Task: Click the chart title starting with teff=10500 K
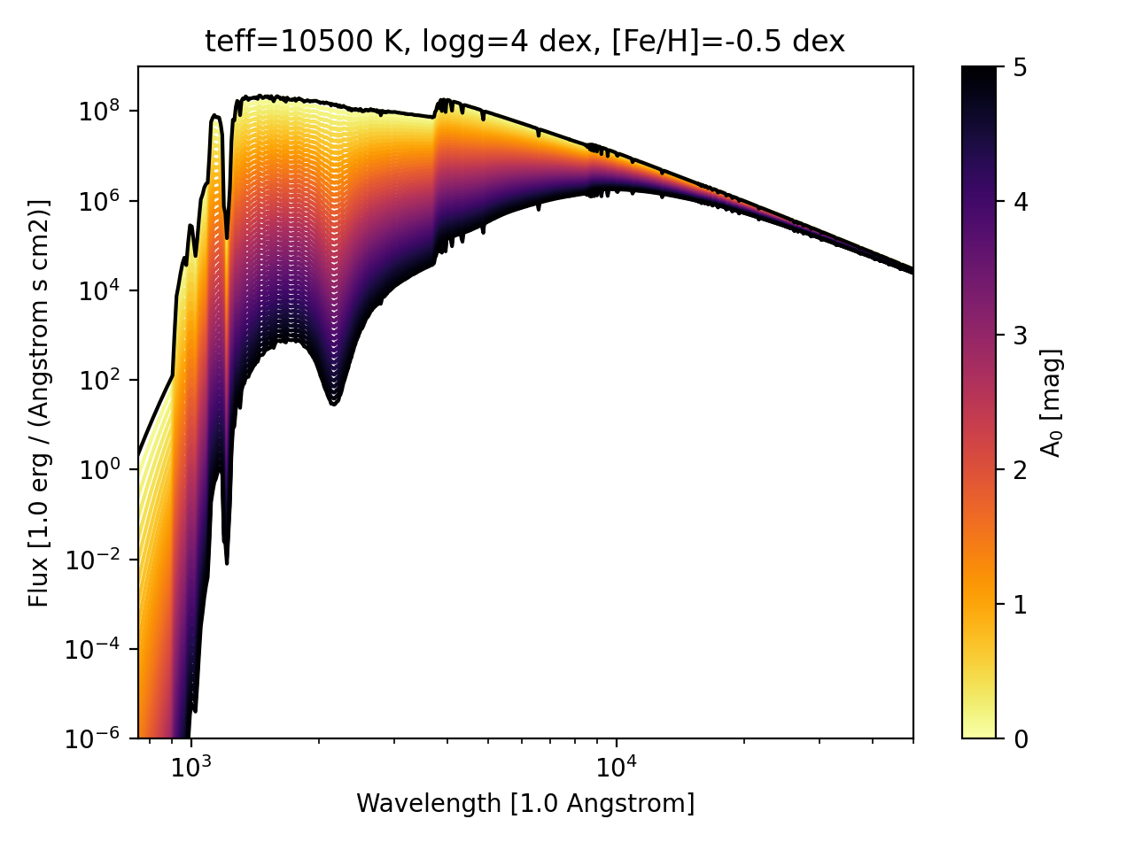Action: (524, 42)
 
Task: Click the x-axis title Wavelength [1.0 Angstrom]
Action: (524, 804)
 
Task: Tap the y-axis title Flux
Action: (40, 402)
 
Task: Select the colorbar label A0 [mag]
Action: (1052, 402)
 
